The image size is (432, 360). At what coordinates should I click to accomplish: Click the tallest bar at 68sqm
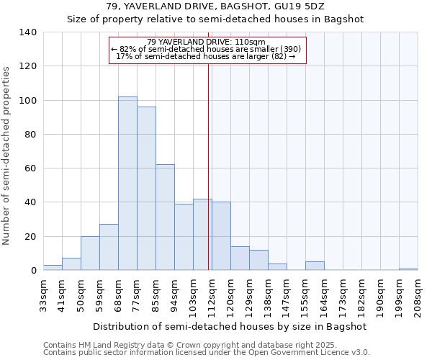click(127, 184)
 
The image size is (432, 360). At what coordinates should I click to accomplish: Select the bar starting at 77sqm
click(146, 189)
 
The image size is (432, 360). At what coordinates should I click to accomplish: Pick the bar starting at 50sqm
click(90, 253)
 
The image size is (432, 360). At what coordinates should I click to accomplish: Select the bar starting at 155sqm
click(315, 266)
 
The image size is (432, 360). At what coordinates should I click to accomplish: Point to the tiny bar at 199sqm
click(408, 269)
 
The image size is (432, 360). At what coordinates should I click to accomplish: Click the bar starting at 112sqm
click(221, 236)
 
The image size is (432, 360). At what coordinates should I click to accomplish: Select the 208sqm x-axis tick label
click(418, 297)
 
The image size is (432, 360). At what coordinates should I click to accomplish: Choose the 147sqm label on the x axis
click(287, 297)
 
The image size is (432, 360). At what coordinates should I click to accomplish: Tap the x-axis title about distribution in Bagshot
click(230, 326)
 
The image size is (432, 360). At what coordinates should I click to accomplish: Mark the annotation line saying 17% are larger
click(206, 56)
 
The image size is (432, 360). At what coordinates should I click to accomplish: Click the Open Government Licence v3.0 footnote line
click(207, 352)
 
